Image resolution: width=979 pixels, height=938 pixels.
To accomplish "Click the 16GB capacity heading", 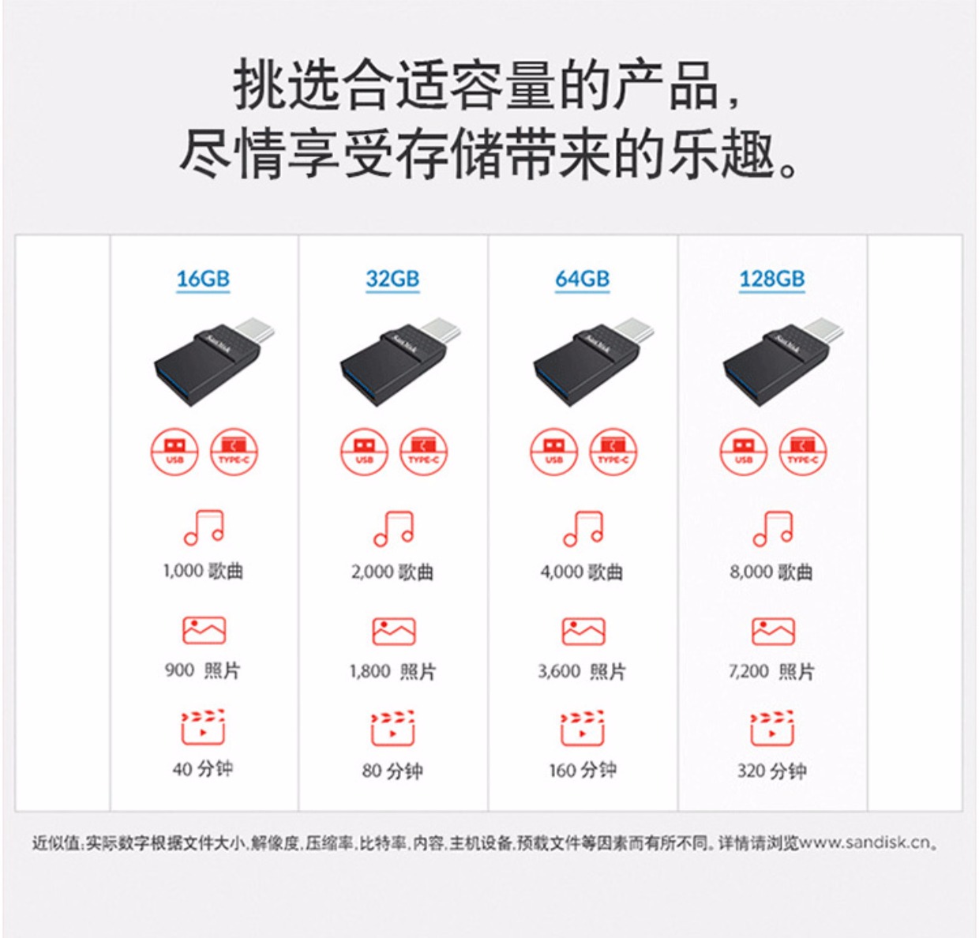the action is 203,279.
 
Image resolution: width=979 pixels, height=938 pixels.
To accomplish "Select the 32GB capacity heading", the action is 392,279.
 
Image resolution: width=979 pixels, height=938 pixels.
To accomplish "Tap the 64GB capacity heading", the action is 582,279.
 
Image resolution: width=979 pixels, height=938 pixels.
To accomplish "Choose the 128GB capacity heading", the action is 771,279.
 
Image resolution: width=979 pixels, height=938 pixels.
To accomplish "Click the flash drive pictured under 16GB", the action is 215,362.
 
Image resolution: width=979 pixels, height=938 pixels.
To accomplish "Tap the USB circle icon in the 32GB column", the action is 364,452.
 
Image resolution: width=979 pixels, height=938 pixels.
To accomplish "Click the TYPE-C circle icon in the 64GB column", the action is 613,452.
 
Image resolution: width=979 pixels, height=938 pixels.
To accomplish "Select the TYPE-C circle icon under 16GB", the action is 234,452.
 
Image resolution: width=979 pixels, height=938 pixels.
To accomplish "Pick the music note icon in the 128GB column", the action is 773,528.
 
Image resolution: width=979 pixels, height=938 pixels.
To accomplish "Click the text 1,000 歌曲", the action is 203,571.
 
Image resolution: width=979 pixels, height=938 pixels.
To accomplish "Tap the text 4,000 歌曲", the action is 582,572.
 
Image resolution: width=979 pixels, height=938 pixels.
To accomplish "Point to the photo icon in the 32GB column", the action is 393,631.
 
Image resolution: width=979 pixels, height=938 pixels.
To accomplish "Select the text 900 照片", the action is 203,670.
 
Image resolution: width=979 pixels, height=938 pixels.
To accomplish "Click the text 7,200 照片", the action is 771,671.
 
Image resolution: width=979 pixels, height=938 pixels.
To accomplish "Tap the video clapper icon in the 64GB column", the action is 583,728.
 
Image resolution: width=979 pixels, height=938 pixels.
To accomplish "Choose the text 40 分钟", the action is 203,768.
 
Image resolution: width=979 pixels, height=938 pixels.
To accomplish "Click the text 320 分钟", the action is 771,771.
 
